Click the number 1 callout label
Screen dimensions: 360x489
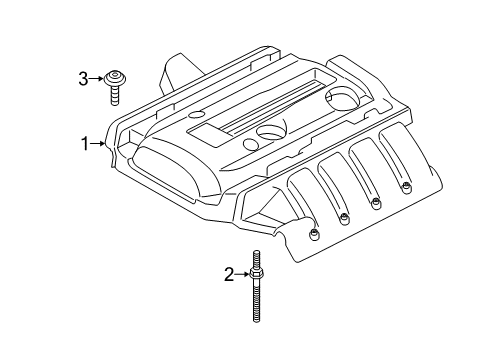coord(85,143)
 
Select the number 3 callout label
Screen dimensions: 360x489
coord(85,76)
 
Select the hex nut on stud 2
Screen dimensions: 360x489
coord(256,275)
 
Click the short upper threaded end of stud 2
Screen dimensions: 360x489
coord(256,258)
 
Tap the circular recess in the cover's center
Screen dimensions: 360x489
coord(270,131)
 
